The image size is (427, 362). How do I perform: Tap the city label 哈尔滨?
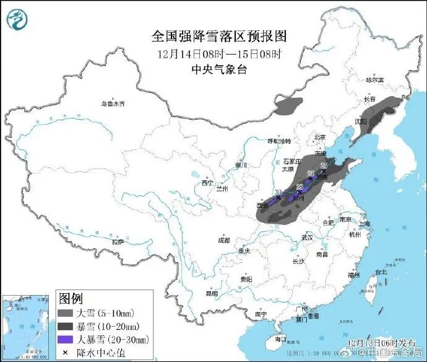(x=374, y=80)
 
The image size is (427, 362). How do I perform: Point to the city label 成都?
(x=223, y=240)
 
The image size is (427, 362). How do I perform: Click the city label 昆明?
(x=212, y=293)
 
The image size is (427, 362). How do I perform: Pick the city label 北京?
(x=319, y=137)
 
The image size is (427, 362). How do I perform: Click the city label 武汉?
(x=307, y=237)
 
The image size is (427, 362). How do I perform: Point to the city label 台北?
(x=379, y=271)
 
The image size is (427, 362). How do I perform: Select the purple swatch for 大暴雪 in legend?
(x=65, y=338)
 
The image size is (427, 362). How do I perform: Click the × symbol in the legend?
(x=65, y=351)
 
